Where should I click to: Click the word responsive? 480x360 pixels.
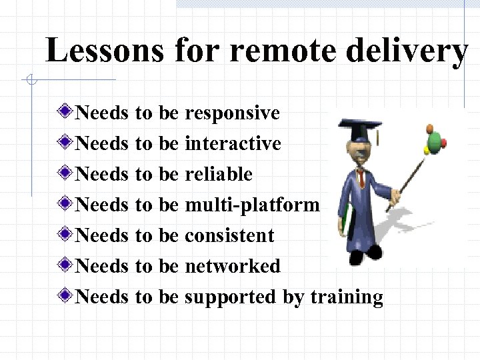click(x=232, y=113)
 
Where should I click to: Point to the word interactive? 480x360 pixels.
click(x=233, y=143)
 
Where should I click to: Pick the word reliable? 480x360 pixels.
click(x=218, y=174)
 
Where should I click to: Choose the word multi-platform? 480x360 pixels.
click(x=252, y=205)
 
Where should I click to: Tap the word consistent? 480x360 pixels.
click(x=229, y=235)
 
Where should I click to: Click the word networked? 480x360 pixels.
click(x=232, y=266)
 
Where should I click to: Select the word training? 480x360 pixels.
click(x=347, y=297)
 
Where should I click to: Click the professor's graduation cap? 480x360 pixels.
click(x=359, y=125)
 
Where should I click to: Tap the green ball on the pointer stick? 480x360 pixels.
click(x=435, y=141)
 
